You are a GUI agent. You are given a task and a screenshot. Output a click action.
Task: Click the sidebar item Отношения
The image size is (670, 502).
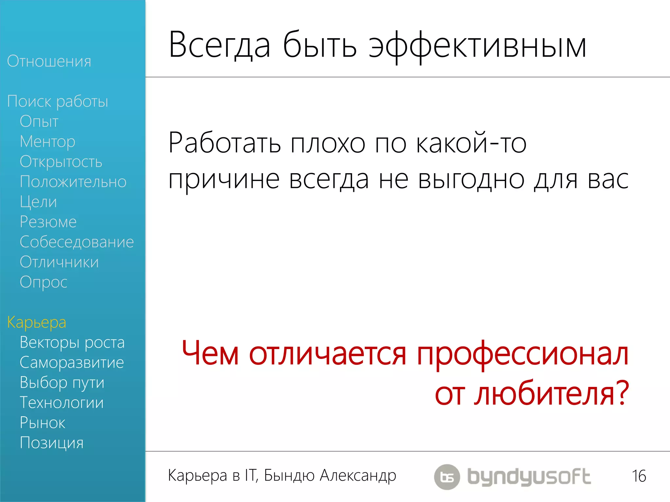click(x=49, y=61)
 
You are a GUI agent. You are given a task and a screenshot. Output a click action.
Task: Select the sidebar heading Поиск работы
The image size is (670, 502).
click(x=58, y=102)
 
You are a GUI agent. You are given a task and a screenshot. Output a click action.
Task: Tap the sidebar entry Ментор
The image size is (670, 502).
click(x=47, y=142)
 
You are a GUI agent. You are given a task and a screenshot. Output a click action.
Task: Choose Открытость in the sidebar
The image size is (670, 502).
click(x=61, y=162)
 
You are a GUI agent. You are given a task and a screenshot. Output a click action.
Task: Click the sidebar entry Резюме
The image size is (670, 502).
click(x=48, y=222)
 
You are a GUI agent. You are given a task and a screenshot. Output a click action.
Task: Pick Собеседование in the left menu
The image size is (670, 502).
click(x=77, y=242)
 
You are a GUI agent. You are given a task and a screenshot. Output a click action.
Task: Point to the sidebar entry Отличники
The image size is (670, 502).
click(x=59, y=262)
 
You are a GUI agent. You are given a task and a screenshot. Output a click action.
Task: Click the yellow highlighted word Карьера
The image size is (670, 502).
click(x=37, y=323)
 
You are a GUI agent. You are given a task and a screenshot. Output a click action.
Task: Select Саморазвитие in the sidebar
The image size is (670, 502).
click(x=72, y=363)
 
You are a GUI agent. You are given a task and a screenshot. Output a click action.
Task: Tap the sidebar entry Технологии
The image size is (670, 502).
click(x=62, y=403)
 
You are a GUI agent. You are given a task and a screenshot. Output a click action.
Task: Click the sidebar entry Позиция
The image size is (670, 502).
click(x=52, y=443)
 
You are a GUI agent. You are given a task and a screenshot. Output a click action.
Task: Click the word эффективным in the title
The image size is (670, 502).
click(x=477, y=46)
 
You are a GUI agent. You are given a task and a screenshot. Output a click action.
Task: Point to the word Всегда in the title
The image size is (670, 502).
click(x=220, y=46)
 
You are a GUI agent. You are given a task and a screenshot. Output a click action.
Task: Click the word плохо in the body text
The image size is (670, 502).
click(x=328, y=144)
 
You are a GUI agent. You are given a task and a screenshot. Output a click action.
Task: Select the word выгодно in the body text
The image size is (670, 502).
click(x=471, y=180)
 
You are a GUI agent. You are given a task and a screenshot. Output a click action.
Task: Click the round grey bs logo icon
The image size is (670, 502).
click(x=447, y=477)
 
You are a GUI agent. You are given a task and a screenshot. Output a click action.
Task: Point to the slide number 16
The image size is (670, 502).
click(x=639, y=476)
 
